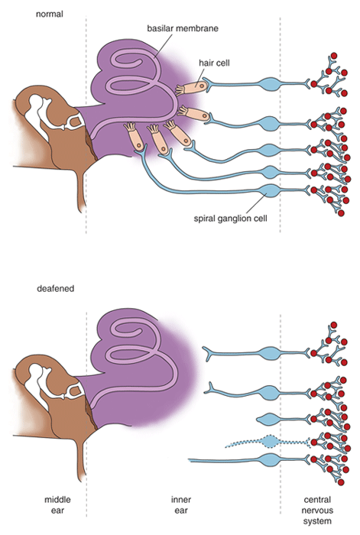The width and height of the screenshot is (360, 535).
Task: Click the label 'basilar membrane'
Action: pos(183,28)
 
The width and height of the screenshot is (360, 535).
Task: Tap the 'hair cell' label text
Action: pos(214,63)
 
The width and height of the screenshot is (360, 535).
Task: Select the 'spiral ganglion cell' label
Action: pos(230,219)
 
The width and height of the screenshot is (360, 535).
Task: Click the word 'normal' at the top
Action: pos(50,14)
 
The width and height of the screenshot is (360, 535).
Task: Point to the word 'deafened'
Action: pos(55,289)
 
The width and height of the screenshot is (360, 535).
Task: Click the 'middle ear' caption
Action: pos(57,505)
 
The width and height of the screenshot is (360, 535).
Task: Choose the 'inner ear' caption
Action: pos(181,505)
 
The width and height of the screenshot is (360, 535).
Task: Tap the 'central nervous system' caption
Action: pos(317,511)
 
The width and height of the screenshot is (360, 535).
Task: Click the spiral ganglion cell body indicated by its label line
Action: pos(271,191)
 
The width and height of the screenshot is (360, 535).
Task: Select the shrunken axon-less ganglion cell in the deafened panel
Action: pos(269,419)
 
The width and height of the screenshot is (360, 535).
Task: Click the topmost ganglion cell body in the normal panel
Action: pos(271,84)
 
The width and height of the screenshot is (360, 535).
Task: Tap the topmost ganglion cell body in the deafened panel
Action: pos(271,353)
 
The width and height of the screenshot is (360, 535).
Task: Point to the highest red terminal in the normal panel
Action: pos(334,56)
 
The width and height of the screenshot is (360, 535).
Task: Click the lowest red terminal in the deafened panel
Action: pos(341,482)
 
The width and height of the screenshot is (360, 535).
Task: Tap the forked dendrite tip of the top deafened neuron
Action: pos(206,354)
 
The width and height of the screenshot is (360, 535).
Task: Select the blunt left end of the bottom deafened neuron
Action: pos(190,461)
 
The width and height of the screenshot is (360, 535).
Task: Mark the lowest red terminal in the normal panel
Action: pos(341,213)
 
